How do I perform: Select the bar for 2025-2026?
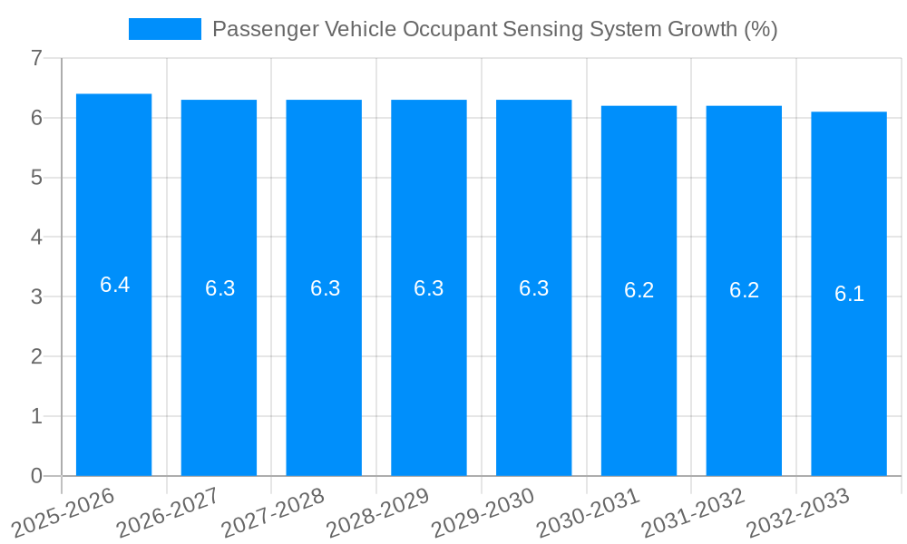click(113, 363)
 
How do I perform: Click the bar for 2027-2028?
click(324, 363)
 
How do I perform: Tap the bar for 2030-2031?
click(639, 363)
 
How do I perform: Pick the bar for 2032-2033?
click(849, 363)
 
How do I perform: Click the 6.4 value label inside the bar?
click(114, 285)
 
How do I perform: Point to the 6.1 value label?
click(849, 294)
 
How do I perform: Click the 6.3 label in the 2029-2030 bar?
click(533, 288)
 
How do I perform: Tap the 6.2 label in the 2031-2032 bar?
click(744, 290)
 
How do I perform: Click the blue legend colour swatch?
click(164, 29)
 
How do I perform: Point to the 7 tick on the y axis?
click(36, 58)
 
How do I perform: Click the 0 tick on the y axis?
click(36, 476)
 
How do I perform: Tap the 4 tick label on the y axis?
click(36, 238)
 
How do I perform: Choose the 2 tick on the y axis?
click(36, 356)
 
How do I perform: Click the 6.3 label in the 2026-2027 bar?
click(219, 288)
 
